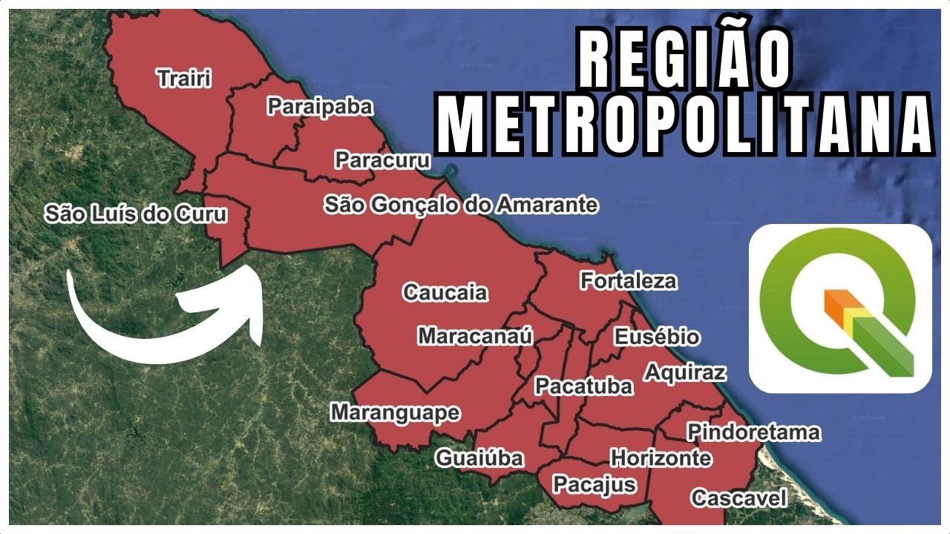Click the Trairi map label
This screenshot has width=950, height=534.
(183, 78)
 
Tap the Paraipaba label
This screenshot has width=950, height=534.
(319, 107)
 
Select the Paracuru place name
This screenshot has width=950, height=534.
(382, 159)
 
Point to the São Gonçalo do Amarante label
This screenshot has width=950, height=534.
(460, 204)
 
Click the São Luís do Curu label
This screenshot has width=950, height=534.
(135, 214)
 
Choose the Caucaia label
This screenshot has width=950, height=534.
(445, 292)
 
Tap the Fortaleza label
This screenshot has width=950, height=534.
(628, 281)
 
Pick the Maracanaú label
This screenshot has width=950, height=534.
(475, 336)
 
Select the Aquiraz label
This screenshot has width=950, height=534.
(684, 372)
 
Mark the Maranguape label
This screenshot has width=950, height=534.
(395, 412)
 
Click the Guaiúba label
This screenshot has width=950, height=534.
(479, 458)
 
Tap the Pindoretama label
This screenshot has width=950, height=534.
(753, 432)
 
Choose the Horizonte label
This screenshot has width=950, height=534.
(660, 458)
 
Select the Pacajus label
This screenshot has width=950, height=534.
(594, 484)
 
